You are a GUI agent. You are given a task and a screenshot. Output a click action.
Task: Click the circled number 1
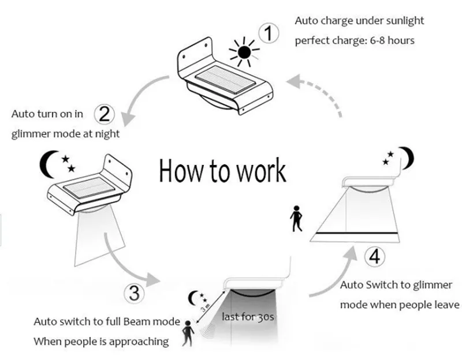pos(267,34)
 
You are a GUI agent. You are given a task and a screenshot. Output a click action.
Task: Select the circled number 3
pos(134,292)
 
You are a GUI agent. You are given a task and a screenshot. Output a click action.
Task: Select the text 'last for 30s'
pos(248,316)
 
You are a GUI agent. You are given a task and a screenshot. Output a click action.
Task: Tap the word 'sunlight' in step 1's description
pos(404,20)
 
